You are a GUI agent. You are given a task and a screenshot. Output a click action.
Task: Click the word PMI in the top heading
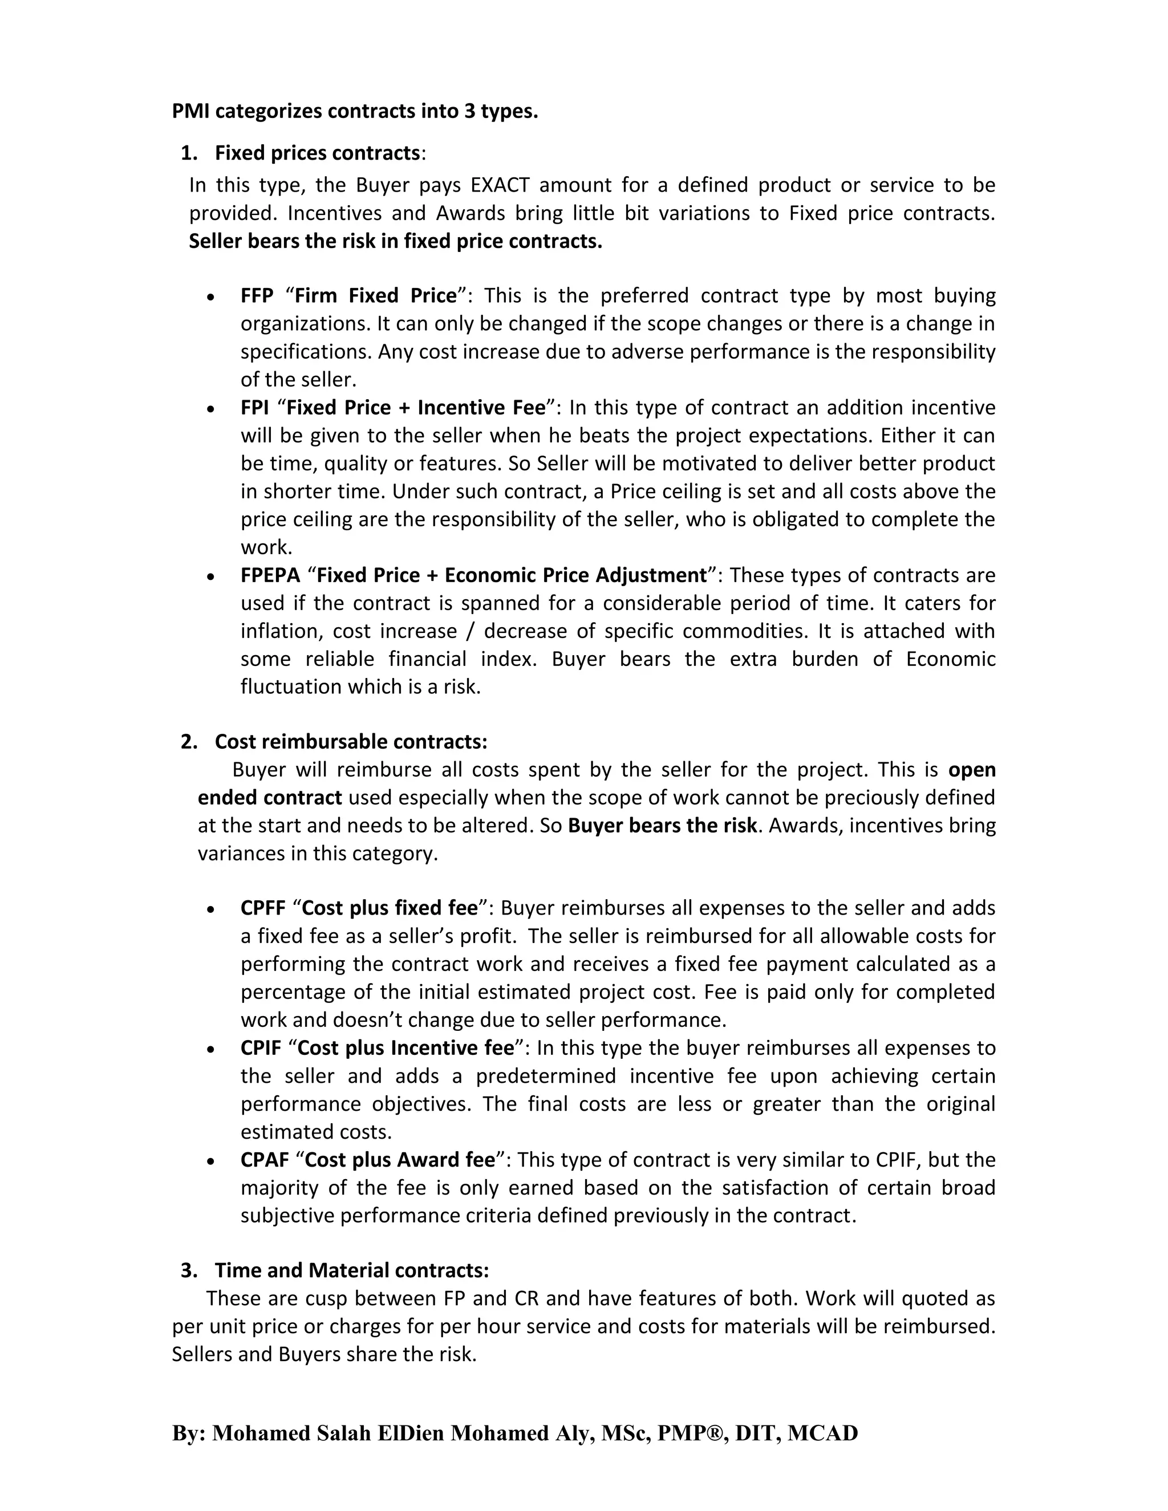191,111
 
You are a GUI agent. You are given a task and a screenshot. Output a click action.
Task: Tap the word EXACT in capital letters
500,185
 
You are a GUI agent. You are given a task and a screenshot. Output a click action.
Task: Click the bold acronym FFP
257,296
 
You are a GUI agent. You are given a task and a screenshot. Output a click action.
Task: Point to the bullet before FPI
211,409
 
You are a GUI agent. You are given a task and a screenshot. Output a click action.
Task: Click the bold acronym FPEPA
270,576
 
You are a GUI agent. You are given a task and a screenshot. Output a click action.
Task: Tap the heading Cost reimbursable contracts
351,742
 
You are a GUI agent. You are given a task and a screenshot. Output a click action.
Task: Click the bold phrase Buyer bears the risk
662,826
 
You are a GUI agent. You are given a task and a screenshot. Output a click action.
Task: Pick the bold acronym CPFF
263,908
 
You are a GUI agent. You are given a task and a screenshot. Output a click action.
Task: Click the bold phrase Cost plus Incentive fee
405,1048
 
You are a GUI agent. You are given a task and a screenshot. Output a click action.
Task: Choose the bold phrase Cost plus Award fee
400,1160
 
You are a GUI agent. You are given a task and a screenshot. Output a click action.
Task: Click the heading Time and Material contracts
351,1270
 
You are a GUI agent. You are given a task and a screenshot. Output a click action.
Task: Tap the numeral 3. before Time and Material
188,1270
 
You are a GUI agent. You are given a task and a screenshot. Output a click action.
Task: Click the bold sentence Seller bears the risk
395,241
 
